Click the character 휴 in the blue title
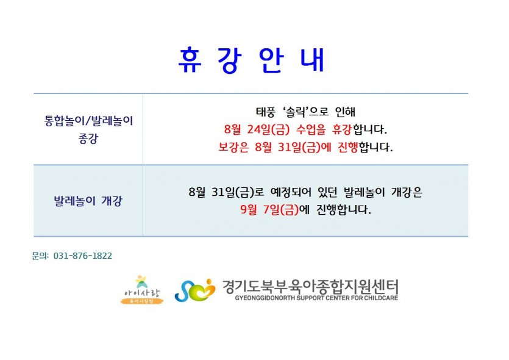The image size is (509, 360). (190, 60)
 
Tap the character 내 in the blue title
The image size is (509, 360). (312, 60)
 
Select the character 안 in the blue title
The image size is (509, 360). (272, 60)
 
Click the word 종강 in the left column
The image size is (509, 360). (88, 139)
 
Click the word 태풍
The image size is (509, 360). (266, 112)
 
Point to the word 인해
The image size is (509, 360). (345, 112)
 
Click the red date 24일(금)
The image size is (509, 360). (268, 129)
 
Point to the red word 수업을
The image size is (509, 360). (311, 129)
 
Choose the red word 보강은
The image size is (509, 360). (233, 147)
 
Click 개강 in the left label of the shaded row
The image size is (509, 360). (112, 201)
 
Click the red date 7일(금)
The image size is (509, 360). (281, 209)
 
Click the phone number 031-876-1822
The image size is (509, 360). (83, 256)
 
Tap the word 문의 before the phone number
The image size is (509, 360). (39, 256)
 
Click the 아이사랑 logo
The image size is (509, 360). (142, 289)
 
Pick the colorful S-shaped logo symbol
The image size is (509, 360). (195, 290)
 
